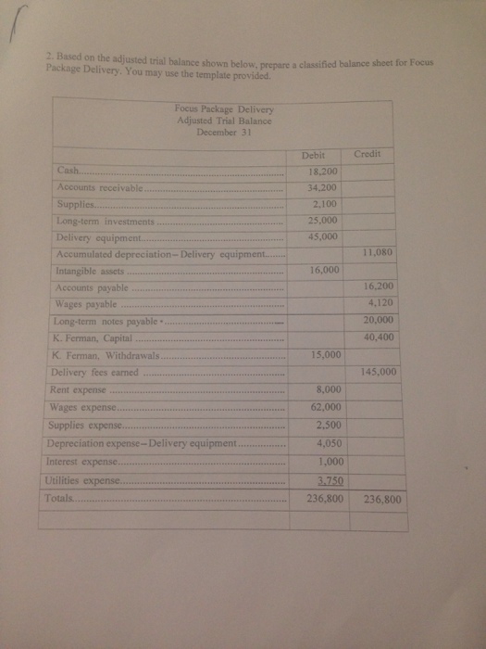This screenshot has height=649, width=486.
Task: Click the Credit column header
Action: tap(368, 154)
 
